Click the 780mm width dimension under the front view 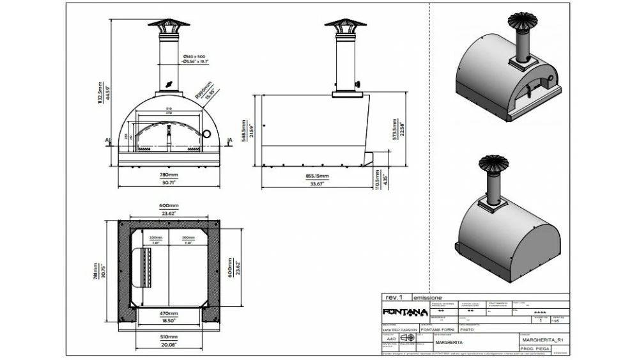169,174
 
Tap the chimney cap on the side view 345,25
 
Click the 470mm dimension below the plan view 169,315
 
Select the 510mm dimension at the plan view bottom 169,338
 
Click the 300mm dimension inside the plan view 189,237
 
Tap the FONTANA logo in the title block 404,312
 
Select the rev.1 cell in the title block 394,297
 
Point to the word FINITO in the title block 467,331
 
